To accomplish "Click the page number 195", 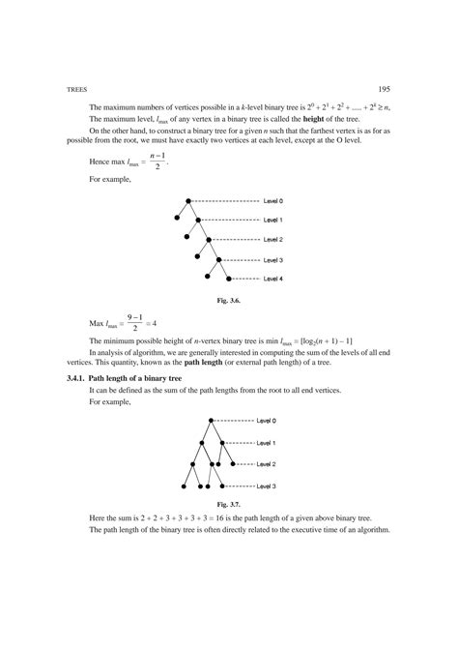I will [385, 87].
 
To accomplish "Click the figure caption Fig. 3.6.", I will [228, 301].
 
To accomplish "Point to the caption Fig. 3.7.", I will [229, 505].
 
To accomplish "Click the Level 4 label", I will [272, 279].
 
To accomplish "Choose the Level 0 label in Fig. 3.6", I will [272, 200].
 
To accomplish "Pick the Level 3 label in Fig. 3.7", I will [267, 485].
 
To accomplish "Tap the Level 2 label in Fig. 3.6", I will [272, 239].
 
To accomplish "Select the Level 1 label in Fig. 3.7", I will [267, 442].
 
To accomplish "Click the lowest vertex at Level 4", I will [210, 279].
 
